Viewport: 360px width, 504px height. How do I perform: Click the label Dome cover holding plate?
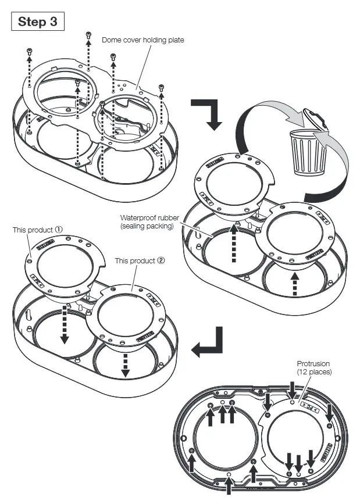tap(142, 40)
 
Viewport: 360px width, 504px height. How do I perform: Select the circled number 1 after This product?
tap(58, 230)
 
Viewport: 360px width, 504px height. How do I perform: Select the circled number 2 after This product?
tap(161, 261)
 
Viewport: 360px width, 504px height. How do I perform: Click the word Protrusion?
tap(313, 364)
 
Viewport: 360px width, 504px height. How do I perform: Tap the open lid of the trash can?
tap(315, 119)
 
